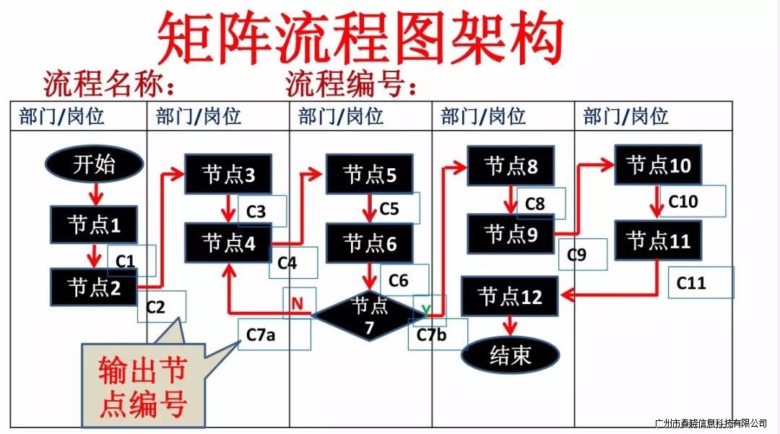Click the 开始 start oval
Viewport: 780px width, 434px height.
click(x=93, y=165)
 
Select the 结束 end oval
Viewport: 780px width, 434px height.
click(x=511, y=355)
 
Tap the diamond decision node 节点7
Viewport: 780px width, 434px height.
click(x=369, y=316)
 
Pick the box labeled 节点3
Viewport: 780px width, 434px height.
click(x=228, y=174)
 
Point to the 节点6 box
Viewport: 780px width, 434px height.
click(x=369, y=243)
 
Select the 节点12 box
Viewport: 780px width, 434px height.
click(x=510, y=296)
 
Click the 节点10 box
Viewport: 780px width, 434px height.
click(x=658, y=165)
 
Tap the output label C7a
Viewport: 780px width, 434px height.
click(x=261, y=334)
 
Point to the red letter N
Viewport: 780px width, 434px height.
click(x=298, y=304)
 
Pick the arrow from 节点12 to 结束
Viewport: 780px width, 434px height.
click(x=511, y=326)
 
